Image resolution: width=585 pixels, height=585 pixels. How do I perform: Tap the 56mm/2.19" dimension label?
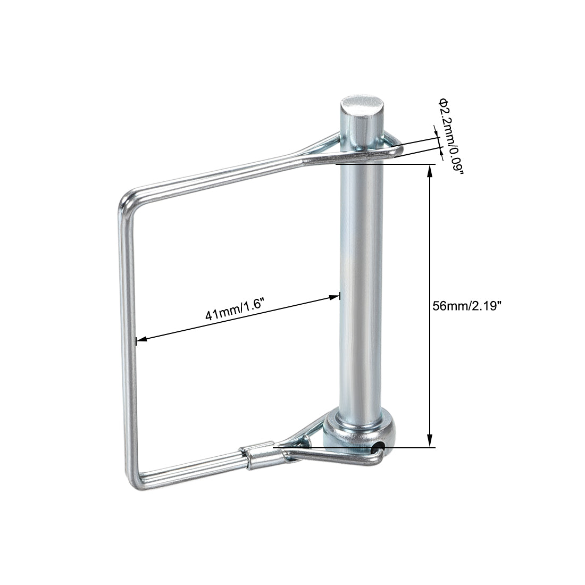467,306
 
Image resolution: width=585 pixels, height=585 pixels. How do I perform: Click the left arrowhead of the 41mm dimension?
141,339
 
